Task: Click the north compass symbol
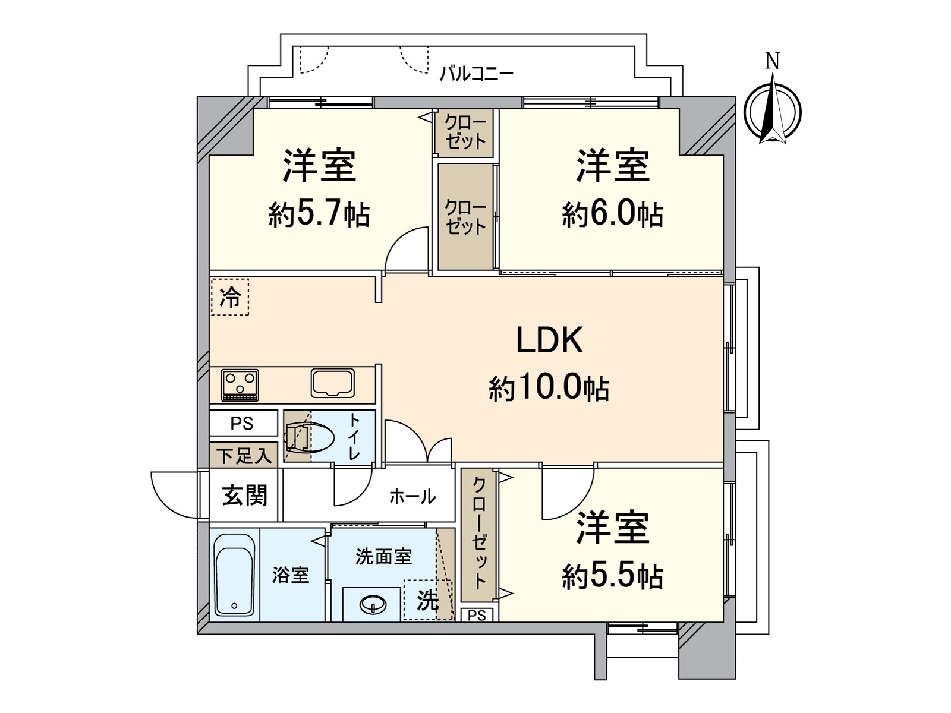tap(773, 113)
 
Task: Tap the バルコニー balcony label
tap(476, 74)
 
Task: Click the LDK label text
tap(549, 340)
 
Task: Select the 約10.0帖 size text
tap(549, 389)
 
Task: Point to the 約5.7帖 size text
tap(319, 214)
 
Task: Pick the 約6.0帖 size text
tap(613, 214)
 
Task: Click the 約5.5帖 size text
tap(613, 576)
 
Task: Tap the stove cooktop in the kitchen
tap(240, 384)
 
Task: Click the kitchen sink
tap(333, 383)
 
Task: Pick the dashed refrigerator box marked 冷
tap(230, 296)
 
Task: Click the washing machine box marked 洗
tap(427, 600)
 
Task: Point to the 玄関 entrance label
tap(245, 495)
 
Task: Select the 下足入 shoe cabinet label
tap(244, 456)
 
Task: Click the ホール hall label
tap(412, 496)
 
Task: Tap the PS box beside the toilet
tap(243, 424)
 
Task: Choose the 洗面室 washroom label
tap(383, 557)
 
